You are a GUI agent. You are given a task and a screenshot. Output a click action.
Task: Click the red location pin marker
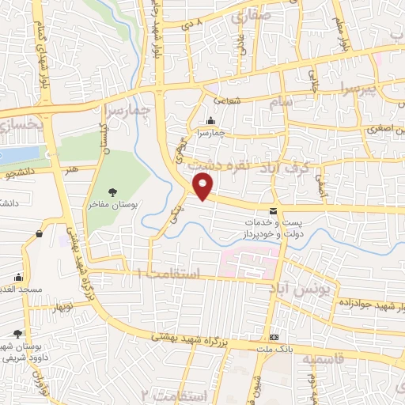pos(203,187)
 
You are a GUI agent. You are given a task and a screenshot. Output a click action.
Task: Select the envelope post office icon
pos(274,211)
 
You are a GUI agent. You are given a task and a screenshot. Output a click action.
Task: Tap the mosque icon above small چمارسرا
pos(210,121)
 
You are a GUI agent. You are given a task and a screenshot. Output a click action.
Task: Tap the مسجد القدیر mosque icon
pos(18,278)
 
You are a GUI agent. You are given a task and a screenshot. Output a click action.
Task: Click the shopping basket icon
pos(39,233)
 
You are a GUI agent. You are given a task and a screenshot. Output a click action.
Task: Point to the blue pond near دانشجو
pos(18,153)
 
